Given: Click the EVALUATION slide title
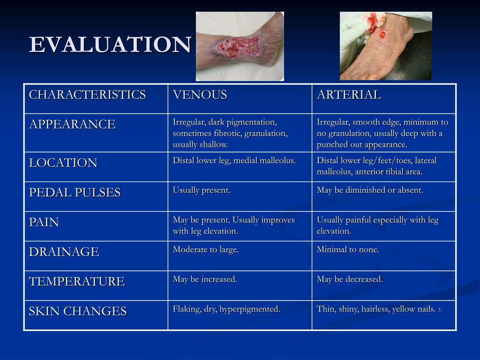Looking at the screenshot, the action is (110, 45).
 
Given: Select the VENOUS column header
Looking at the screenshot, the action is (200, 95).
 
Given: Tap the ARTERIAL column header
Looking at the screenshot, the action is (349, 95).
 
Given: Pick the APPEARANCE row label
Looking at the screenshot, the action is (72, 124).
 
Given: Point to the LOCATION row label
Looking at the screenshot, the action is (63, 163).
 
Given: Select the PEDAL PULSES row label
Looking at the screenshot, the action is (75, 193).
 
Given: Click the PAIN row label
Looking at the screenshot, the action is (44, 222).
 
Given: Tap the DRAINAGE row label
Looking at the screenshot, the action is (64, 252).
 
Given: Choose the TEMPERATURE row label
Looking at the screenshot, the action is (77, 282).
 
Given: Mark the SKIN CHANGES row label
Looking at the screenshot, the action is (78, 311).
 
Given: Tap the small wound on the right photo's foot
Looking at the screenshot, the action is (382, 34).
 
